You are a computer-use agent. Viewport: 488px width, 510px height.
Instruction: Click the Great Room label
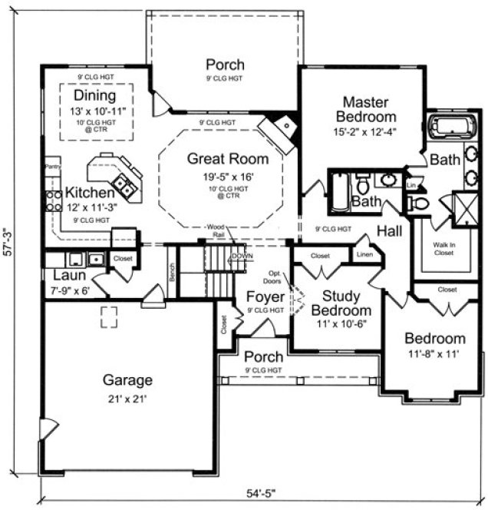(228, 159)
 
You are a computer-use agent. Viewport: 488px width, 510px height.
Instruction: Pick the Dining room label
(95, 96)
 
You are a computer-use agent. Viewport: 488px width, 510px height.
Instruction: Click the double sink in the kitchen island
(123, 184)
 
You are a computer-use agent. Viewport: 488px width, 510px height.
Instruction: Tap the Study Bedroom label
(346, 303)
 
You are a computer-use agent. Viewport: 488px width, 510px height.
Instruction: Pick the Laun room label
(68, 276)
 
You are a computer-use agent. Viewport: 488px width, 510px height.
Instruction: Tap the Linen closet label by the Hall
(364, 254)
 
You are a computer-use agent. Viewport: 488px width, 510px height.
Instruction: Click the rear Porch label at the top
(224, 65)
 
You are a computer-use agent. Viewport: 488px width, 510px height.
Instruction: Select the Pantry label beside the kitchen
(52, 165)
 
